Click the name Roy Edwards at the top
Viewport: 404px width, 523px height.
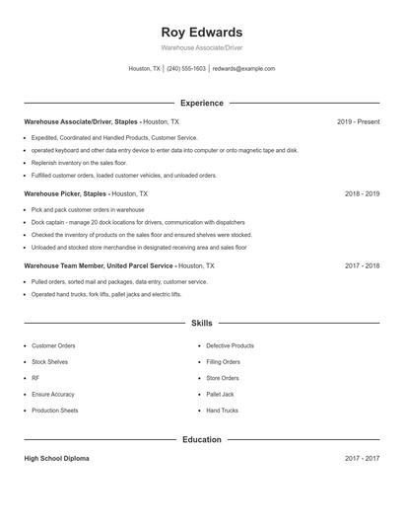tap(201, 32)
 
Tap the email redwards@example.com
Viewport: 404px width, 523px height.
tap(243, 69)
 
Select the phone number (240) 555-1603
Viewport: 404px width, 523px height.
tap(186, 69)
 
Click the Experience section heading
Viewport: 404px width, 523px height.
tap(201, 103)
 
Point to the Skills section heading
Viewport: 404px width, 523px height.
tap(201, 323)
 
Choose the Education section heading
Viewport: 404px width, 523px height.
tap(201, 439)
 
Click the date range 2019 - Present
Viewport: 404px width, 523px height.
tap(358, 121)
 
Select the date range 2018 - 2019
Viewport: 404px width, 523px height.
tap(362, 194)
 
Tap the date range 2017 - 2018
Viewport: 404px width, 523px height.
tap(362, 266)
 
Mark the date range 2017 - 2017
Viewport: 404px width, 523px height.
tap(362, 459)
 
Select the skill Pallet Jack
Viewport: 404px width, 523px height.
tap(220, 394)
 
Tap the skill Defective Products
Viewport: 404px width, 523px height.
tap(230, 346)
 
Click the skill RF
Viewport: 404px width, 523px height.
tap(35, 378)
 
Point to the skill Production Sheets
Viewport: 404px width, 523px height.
tap(55, 410)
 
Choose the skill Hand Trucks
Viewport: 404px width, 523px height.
tap(222, 410)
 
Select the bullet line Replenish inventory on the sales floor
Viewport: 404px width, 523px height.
tap(79, 162)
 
